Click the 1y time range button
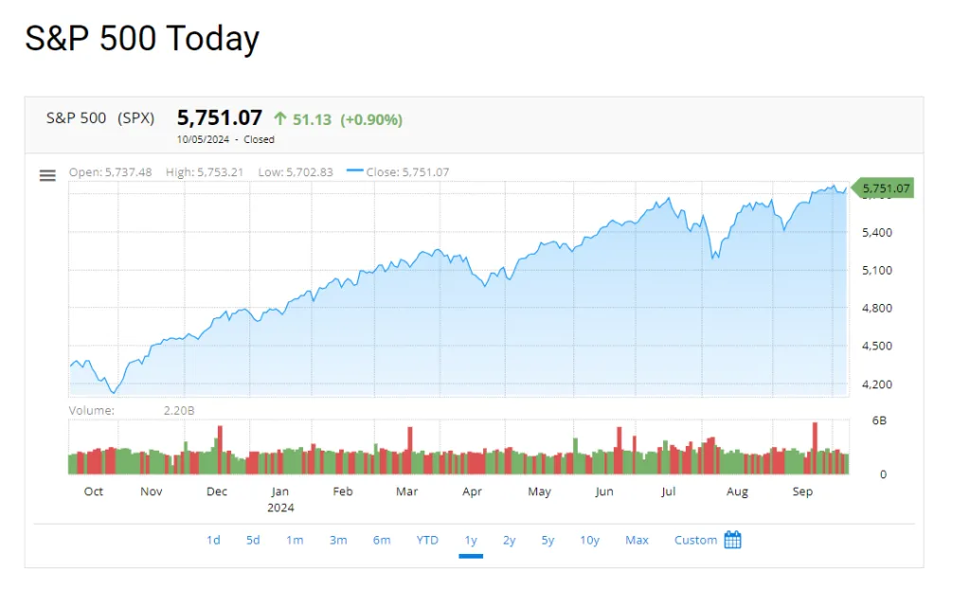pos(471,541)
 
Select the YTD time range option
pos(427,541)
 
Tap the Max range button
pos(637,541)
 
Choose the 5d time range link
pos(253,541)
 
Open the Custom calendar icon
pos(732,540)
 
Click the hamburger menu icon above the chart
pos(47,175)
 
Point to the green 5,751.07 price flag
pos(883,187)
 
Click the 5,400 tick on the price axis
pos(876,233)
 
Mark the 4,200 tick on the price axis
pos(876,384)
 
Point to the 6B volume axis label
pos(879,420)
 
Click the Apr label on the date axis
pos(472,491)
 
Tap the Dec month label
pos(217,491)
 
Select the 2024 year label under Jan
pos(280,508)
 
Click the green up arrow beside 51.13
pos(280,118)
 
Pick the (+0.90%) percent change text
pos(371,119)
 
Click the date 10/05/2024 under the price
pos(203,140)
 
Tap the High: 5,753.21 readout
pos(205,172)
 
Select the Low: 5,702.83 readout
pos(296,172)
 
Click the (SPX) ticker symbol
pos(136,118)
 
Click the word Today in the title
pos(212,39)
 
